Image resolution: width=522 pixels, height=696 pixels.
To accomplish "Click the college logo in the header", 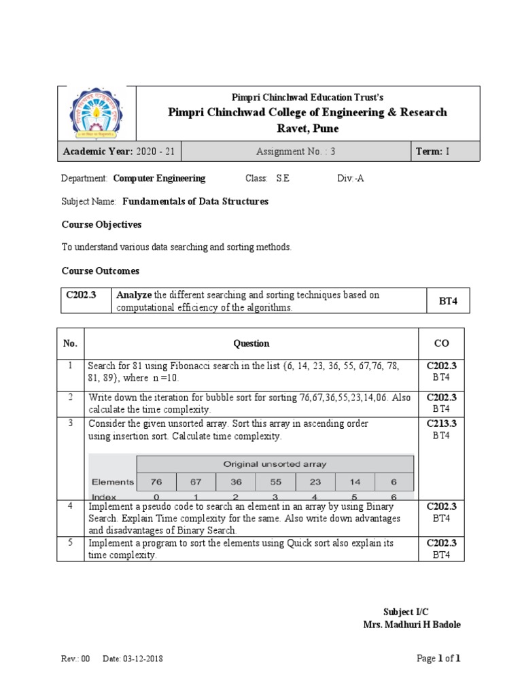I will (x=97, y=113).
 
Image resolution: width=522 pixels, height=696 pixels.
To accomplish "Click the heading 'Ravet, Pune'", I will (x=307, y=128).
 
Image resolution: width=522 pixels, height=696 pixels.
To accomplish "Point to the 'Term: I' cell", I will (x=432, y=152).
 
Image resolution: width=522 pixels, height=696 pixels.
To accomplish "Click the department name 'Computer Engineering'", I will (x=159, y=178).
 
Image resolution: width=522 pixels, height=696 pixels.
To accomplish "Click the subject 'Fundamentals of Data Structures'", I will (x=195, y=201).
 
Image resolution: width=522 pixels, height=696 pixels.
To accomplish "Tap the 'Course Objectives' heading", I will (x=101, y=224).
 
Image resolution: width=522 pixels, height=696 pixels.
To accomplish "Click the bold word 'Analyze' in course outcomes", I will (x=135, y=295).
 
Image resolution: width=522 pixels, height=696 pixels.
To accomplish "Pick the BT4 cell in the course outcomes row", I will (x=447, y=300).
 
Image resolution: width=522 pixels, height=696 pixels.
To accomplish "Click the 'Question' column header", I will (x=251, y=343).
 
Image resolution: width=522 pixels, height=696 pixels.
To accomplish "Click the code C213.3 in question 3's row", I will (x=441, y=423).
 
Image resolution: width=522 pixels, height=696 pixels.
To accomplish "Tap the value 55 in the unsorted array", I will (x=275, y=482).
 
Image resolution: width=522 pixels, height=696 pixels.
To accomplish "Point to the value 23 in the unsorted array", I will (x=315, y=482).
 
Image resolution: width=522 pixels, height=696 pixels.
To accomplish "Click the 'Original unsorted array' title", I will (x=275, y=464).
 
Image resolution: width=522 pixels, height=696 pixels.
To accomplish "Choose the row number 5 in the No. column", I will (x=69, y=543).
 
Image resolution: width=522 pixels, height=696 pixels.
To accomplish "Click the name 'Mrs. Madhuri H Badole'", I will (x=412, y=625).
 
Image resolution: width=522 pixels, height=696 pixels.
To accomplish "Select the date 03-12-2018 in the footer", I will (x=143, y=659).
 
